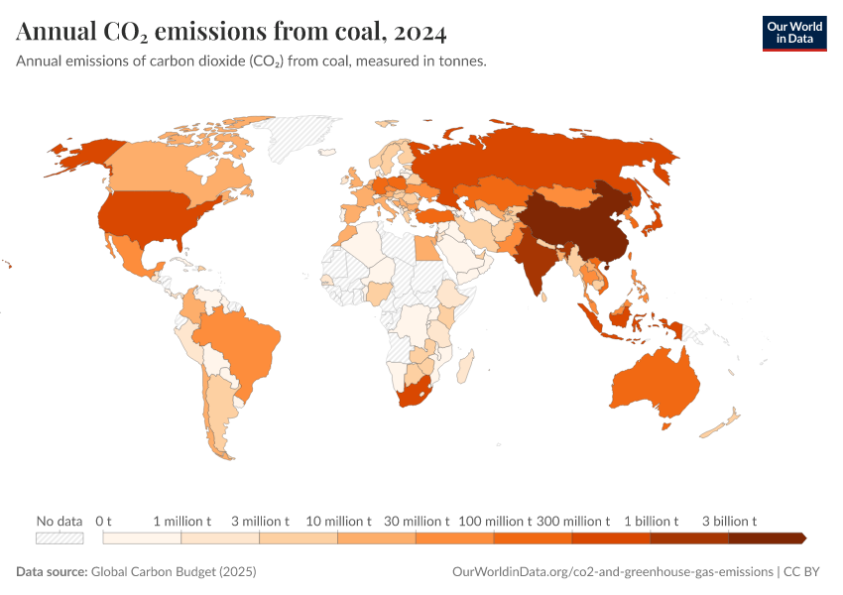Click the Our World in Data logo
[793, 32]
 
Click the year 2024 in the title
[420, 33]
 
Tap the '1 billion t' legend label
[651, 521]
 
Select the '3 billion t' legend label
[729, 521]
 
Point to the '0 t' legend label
[103, 521]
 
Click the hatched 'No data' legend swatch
[60, 537]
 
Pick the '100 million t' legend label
[494, 521]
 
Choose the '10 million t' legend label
[338, 521]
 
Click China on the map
[575, 223]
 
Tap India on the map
[537, 263]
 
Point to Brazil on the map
[243, 342]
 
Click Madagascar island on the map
[464, 370]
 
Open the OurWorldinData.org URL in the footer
[611, 572]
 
